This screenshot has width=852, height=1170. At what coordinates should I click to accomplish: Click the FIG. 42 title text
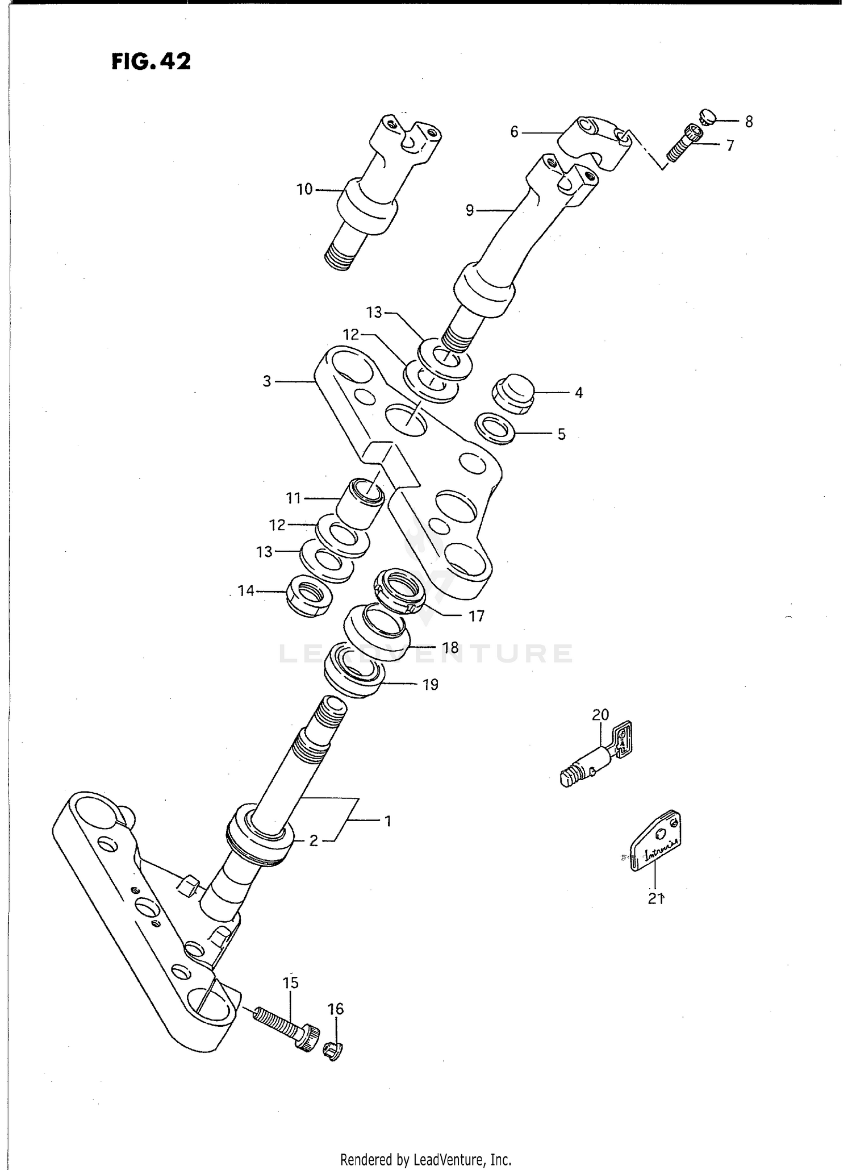pos(151,61)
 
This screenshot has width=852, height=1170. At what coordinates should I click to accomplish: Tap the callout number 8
pos(749,122)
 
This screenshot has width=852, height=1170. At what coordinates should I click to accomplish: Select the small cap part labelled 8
pos(708,116)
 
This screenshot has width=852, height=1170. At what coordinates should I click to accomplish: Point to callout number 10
pos(304,189)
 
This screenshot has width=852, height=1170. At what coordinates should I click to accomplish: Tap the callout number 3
pos(267,381)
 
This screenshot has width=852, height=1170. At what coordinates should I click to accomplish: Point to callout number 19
pos(431,685)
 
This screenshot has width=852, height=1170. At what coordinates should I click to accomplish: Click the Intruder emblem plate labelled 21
pos(656,843)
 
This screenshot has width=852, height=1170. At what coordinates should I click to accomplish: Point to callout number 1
pos(387,821)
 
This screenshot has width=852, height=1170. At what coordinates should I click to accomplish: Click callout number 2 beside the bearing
pos(314,840)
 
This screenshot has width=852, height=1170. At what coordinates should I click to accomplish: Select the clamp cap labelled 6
pos(594,142)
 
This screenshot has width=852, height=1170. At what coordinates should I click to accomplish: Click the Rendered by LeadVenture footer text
pos(426,1159)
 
